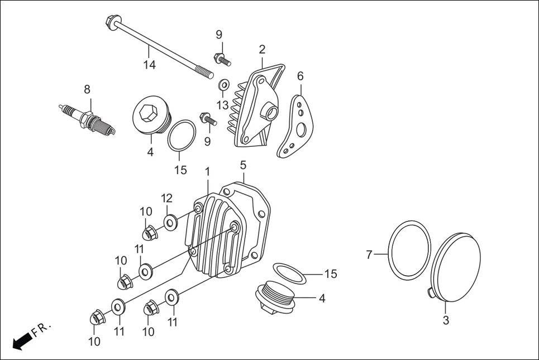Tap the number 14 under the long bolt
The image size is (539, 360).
pyautogui.click(x=149, y=65)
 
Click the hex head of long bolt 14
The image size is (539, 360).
pyautogui.click(x=110, y=22)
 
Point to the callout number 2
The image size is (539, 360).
pyautogui.click(x=262, y=50)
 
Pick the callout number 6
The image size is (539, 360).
pyautogui.click(x=300, y=76)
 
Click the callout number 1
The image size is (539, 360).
pyautogui.click(x=207, y=171)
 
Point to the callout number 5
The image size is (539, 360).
pyautogui.click(x=243, y=165)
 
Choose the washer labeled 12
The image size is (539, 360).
pyautogui.click(x=170, y=222)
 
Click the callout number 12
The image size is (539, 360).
pyautogui.click(x=167, y=198)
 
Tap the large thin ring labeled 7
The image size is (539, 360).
pyautogui.click(x=411, y=248)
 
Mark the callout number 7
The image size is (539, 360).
pyautogui.click(x=369, y=255)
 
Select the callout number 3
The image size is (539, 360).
pyautogui.click(x=446, y=320)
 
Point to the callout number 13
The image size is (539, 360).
pyautogui.click(x=222, y=105)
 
